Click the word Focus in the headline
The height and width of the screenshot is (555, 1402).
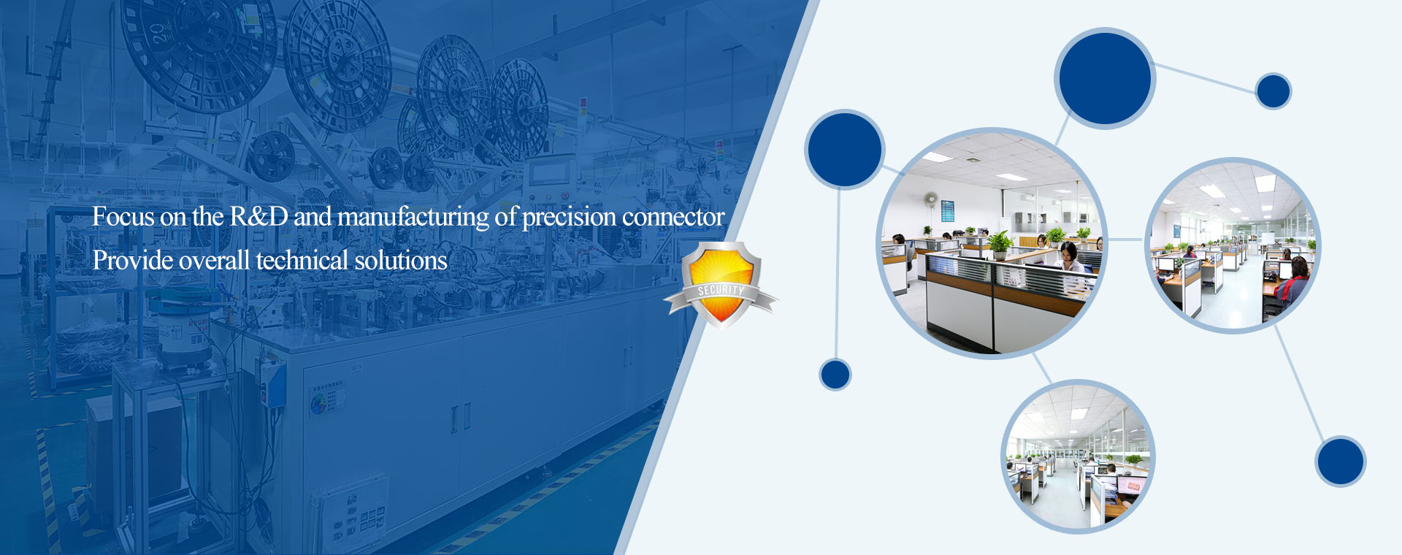point(123,217)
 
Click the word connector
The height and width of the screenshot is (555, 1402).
point(673,217)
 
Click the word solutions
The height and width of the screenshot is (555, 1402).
point(401,260)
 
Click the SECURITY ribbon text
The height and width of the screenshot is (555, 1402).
point(721,291)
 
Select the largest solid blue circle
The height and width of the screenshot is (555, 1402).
point(1104,78)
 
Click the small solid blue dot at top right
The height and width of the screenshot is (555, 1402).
point(1273,91)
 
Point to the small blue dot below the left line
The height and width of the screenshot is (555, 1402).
point(835,375)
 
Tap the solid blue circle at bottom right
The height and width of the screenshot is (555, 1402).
point(1341,462)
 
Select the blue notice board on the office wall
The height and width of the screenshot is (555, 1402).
point(947,211)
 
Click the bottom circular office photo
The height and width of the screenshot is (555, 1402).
point(1079,456)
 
